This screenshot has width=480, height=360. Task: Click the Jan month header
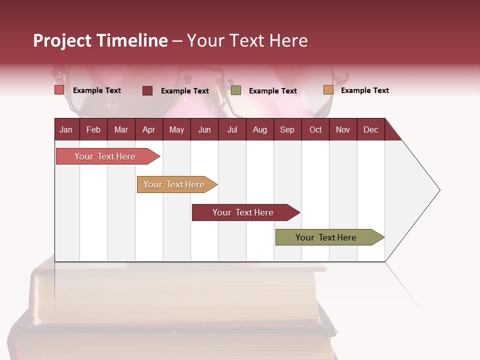point(66,129)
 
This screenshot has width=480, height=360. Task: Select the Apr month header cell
point(149,129)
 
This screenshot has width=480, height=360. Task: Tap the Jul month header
point(232,129)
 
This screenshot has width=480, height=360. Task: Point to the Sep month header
point(287,129)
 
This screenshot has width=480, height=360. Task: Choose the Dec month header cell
point(370,129)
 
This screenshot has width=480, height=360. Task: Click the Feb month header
point(93,129)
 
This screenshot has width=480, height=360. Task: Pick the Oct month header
point(315,129)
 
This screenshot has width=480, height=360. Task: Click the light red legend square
point(59,90)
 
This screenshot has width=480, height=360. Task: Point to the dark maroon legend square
point(147,90)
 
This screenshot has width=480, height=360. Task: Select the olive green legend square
point(236,90)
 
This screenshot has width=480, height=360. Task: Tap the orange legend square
point(328,90)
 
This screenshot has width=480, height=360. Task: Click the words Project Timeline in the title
point(100,40)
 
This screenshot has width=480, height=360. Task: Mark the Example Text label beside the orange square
point(364,90)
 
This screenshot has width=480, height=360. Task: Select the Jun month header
point(204,129)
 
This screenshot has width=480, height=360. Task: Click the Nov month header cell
point(343,129)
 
